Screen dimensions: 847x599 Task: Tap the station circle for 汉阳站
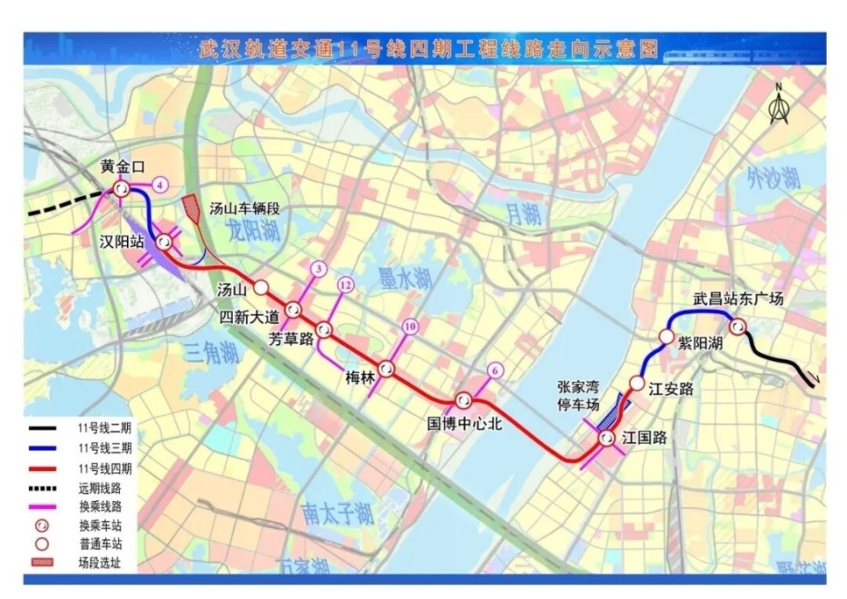click(x=164, y=241)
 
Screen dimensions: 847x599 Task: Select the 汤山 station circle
click(x=261, y=288)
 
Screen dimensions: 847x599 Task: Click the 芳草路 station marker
click(x=324, y=330)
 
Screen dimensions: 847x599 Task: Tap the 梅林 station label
click(x=360, y=379)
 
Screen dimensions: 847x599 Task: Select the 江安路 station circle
click(x=637, y=382)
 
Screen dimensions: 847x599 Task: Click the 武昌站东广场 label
click(x=738, y=299)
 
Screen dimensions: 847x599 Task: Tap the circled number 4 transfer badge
click(x=159, y=184)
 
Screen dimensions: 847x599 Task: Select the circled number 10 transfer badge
click(x=409, y=326)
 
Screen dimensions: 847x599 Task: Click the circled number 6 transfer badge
click(x=495, y=371)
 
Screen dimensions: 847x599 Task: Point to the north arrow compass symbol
click(x=778, y=105)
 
